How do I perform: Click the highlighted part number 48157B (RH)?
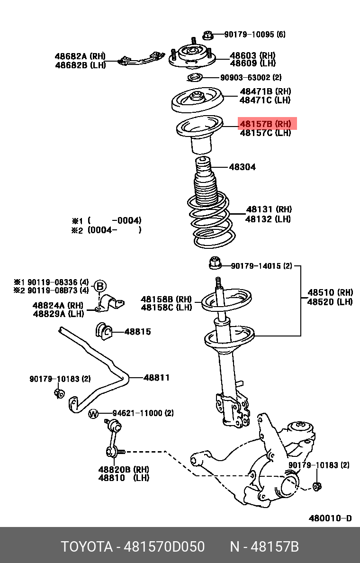[x=267, y=124]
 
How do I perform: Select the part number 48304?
[x=242, y=167]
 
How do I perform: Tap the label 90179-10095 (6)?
[x=255, y=35]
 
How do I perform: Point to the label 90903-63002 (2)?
[x=251, y=77]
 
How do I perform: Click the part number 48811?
[x=156, y=378]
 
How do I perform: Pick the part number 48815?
[x=137, y=331]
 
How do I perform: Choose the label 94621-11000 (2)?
[x=143, y=413]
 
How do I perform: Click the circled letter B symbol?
[x=100, y=286]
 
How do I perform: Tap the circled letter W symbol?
[x=93, y=414]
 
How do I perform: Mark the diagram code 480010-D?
[x=330, y=518]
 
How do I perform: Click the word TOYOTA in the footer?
[x=85, y=547]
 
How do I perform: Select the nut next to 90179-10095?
[x=207, y=35]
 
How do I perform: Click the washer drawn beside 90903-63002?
[x=195, y=78]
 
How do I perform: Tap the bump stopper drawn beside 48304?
[x=203, y=168]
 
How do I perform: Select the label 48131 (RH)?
[x=268, y=209]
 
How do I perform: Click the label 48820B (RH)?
[x=124, y=469]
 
